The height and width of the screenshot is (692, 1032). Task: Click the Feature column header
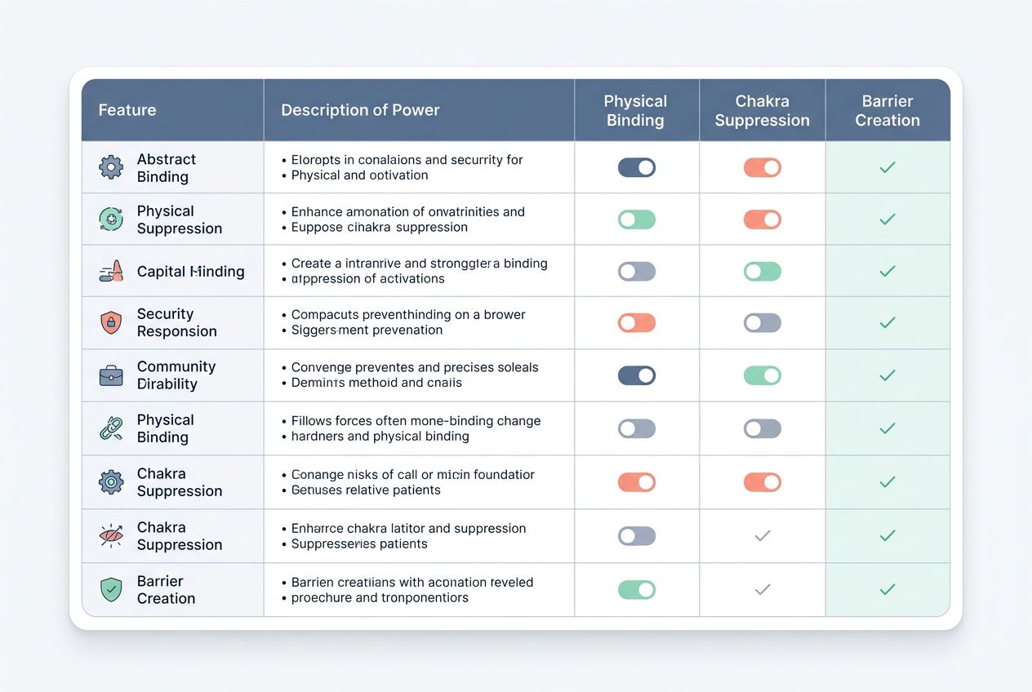pyautogui.click(x=127, y=110)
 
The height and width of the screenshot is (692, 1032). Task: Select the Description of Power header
pyautogui.click(x=360, y=110)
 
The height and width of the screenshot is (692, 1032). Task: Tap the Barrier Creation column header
pyautogui.click(x=887, y=110)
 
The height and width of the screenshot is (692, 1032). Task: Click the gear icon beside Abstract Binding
pyautogui.click(x=111, y=168)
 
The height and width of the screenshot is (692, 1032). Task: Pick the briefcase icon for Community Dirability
pyautogui.click(x=111, y=375)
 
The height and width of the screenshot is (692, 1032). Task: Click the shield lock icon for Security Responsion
pyautogui.click(x=111, y=322)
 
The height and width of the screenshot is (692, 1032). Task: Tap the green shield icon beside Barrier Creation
pyautogui.click(x=111, y=589)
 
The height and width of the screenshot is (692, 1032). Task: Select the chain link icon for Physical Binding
pyautogui.click(x=111, y=428)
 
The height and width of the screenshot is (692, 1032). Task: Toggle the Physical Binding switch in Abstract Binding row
pyautogui.click(x=637, y=167)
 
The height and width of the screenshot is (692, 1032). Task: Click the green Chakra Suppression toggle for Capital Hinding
pyautogui.click(x=762, y=271)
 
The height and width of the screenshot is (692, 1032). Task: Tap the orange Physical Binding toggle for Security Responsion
pyautogui.click(x=637, y=322)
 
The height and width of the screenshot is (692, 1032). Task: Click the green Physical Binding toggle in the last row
pyautogui.click(x=637, y=589)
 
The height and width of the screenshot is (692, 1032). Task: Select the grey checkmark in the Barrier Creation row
pyautogui.click(x=762, y=589)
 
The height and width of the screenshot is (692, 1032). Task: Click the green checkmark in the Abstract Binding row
pyautogui.click(x=887, y=167)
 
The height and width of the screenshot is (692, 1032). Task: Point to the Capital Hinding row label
pyautogui.click(x=190, y=272)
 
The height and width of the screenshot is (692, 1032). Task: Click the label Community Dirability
pyautogui.click(x=176, y=375)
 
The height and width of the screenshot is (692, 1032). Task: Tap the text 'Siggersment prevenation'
pyautogui.click(x=367, y=330)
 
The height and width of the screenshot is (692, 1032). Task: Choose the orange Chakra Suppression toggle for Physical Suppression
pyautogui.click(x=762, y=219)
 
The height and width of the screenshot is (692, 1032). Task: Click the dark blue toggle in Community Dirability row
pyautogui.click(x=637, y=375)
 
